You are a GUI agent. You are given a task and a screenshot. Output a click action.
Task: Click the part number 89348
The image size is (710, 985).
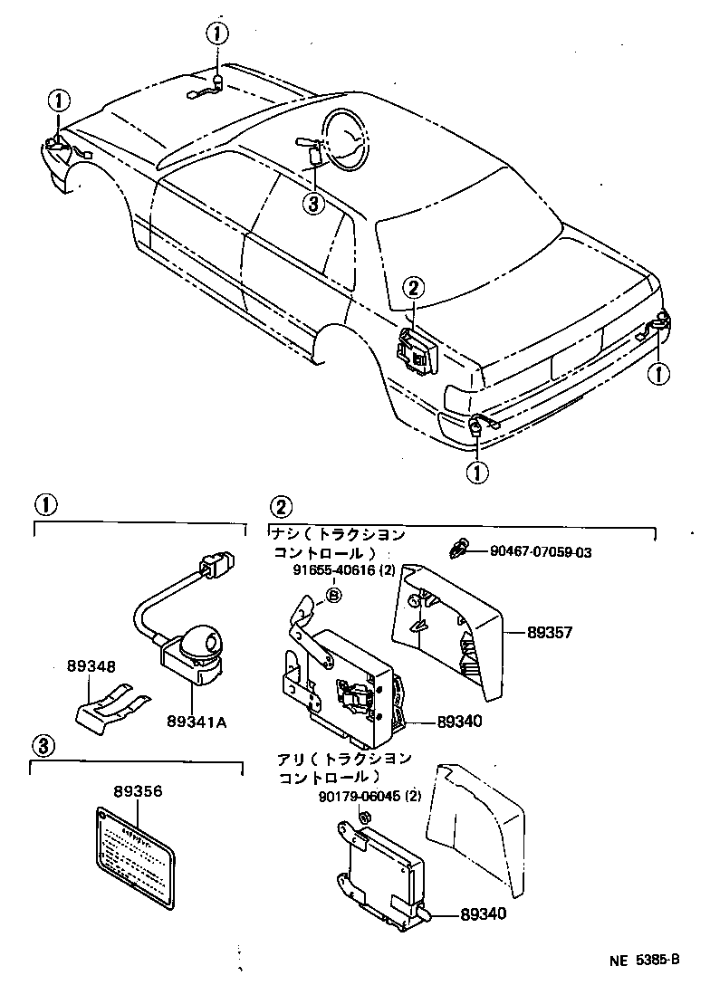pos(91,666)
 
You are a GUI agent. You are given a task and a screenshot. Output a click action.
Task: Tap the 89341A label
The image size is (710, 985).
pos(196,721)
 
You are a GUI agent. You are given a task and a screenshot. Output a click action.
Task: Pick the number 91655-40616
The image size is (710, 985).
pos(322,569)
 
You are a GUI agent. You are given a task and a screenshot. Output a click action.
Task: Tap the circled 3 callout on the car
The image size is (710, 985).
pos(312,204)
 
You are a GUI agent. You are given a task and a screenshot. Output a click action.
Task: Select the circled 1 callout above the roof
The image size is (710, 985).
pos(217,33)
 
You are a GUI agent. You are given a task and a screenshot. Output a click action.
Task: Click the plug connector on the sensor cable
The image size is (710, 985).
pos(218,566)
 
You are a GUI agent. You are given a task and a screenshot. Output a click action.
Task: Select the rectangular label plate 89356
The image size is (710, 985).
pos(135,852)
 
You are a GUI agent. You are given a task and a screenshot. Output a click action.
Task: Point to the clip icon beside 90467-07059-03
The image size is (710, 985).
pos(460,549)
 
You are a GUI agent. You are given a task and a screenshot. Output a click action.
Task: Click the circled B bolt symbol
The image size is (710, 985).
pos(332,594)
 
